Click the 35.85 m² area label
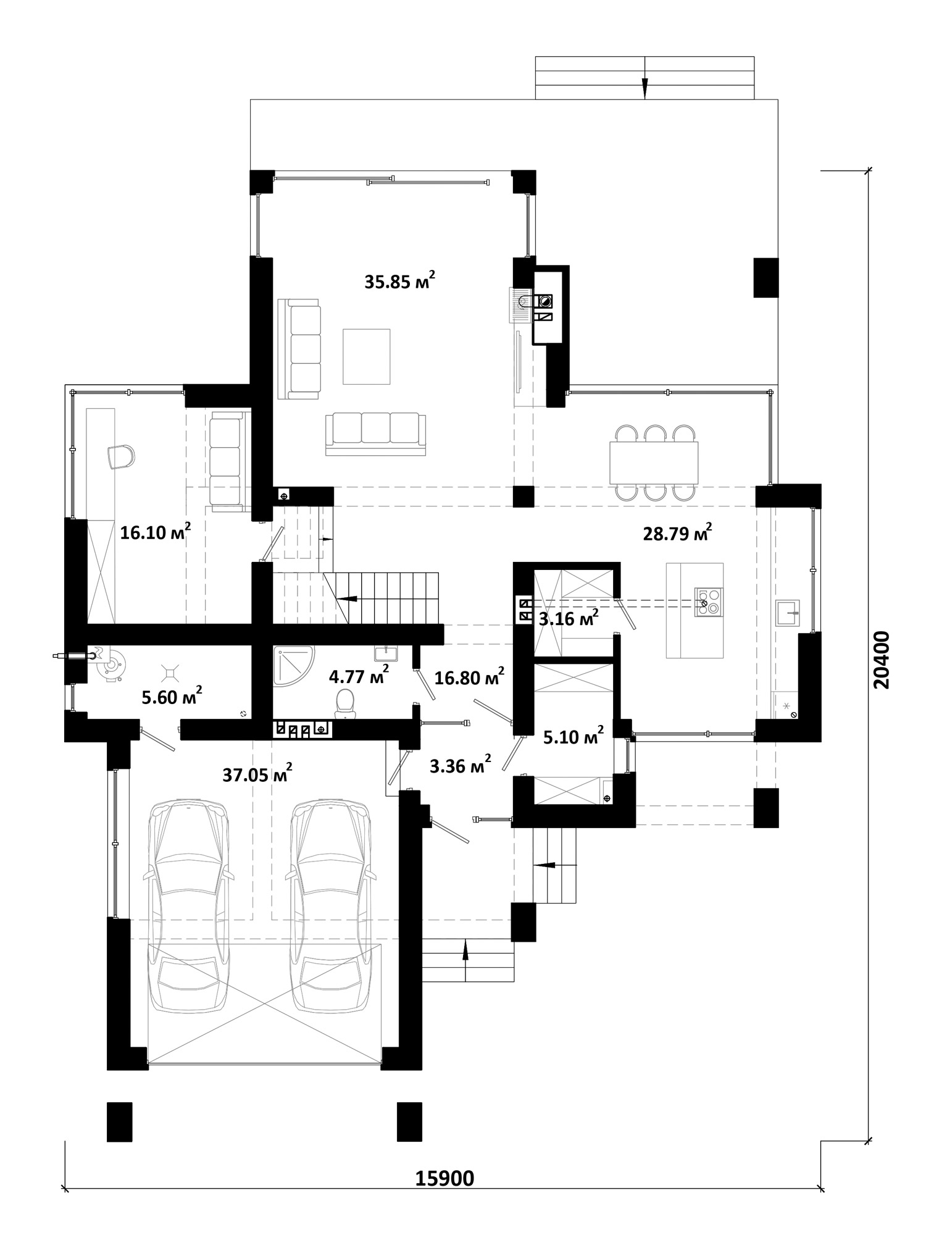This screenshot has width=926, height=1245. coord(400,282)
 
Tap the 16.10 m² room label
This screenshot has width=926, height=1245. coord(155,532)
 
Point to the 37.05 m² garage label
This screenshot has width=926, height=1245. coord(257,774)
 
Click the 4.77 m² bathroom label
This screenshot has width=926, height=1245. coord(359,676)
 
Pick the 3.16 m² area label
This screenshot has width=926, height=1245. coord(569,618)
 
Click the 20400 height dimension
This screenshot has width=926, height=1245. coord(882,660)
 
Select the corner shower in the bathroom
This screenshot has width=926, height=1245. coord(293,665)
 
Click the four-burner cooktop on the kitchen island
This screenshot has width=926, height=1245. coord(709,602)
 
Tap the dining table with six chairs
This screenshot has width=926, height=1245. coord(654,462)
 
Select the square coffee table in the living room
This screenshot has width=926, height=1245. coord(367,356)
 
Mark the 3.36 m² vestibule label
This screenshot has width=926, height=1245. coord(461,766)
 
